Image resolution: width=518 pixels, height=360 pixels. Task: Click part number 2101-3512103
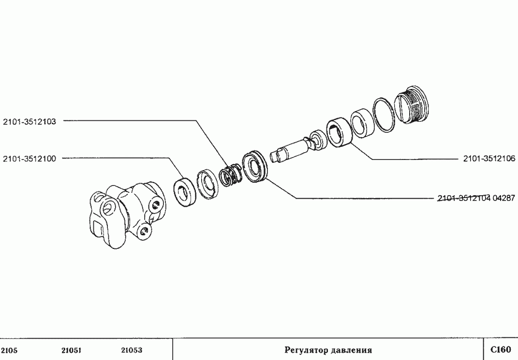click(30, 122)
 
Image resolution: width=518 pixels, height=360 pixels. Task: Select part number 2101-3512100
click(30, 158)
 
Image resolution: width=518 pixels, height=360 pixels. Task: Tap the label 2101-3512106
click(489, 158)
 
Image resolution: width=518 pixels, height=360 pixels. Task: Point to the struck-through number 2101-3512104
click(464, 198)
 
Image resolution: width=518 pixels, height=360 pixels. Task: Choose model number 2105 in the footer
click(9, 350)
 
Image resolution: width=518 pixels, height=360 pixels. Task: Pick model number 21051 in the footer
click(72, 350)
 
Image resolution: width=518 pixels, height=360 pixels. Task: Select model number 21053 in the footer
click(132, 350)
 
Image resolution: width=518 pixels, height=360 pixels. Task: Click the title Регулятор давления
click(328, 350)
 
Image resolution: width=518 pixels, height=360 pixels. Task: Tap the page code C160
click(501, 349)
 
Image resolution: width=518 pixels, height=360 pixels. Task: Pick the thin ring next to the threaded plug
click(384, 115)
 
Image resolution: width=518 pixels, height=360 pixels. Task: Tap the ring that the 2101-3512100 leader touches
click(185, 192)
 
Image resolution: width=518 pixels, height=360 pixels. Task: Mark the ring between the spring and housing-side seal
click(208, 184)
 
